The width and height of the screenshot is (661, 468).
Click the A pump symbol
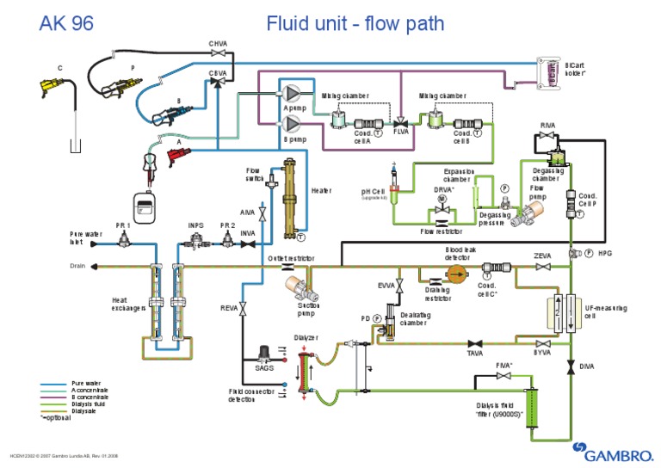(x=293, y=93)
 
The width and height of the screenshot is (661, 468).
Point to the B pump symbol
(x=293, y=123)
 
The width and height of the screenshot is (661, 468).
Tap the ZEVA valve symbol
(x=542, y=268)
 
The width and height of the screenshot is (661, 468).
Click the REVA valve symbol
(x=244, y=308)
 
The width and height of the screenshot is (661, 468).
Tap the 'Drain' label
(x=78, y=266)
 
